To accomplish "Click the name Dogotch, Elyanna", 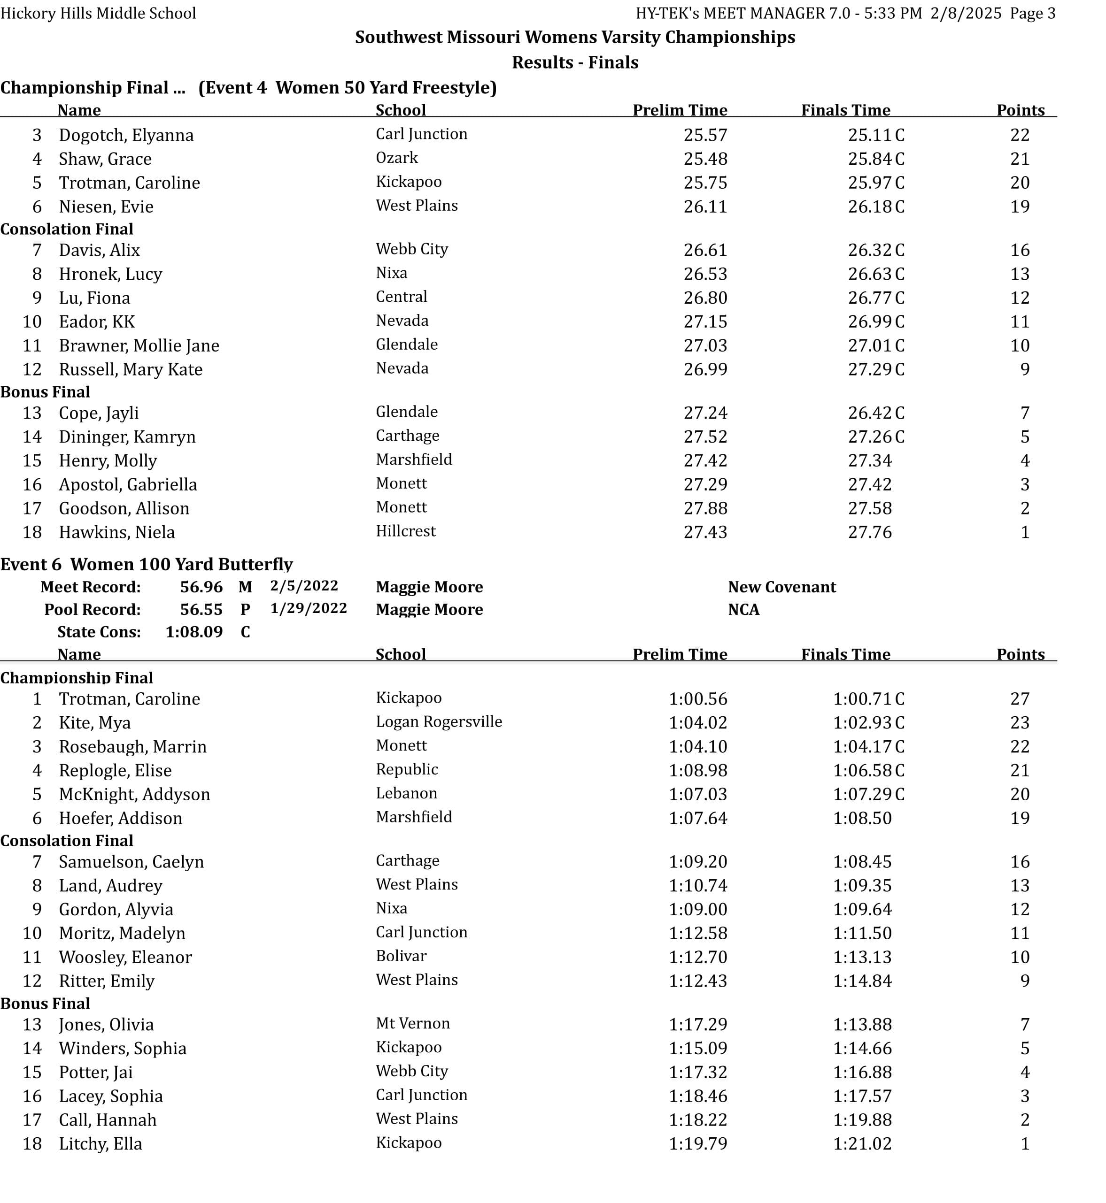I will pyautogui.click(x=126, y=135).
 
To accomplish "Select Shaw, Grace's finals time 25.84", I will pyautogui.click(x=870, y=159).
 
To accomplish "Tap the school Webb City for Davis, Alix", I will pyautogui.click(x=412, y=249).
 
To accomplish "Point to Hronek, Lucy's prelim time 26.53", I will pyautogui.click(x=705, y=274).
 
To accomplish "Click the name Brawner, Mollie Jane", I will pyautogui.click(x=139, y=346).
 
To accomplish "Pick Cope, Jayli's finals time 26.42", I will pyautogui.click(x=870, y=413).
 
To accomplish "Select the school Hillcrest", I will pyautogui.click(x=406, y=531).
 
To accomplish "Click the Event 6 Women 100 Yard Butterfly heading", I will pyautogui.click(x=147, y=564).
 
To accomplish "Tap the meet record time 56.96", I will pyautogui.click(x=201, y=587).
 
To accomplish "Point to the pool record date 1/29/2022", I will pyautogui.click(x=308, y=608).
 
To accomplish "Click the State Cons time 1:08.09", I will pyautogui.click(x=194, y=632).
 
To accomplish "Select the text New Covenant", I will pyautogui.click(x=781, y=587).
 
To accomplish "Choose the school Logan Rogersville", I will pyautogui.click(x=439, y=721).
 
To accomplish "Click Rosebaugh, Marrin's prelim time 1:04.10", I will pyautogui.click(x=698, y=747).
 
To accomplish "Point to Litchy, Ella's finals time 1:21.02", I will pyautogui.click(x=862, y=1143).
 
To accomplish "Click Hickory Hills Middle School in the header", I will pyautogui.click(x=98, y=13).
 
